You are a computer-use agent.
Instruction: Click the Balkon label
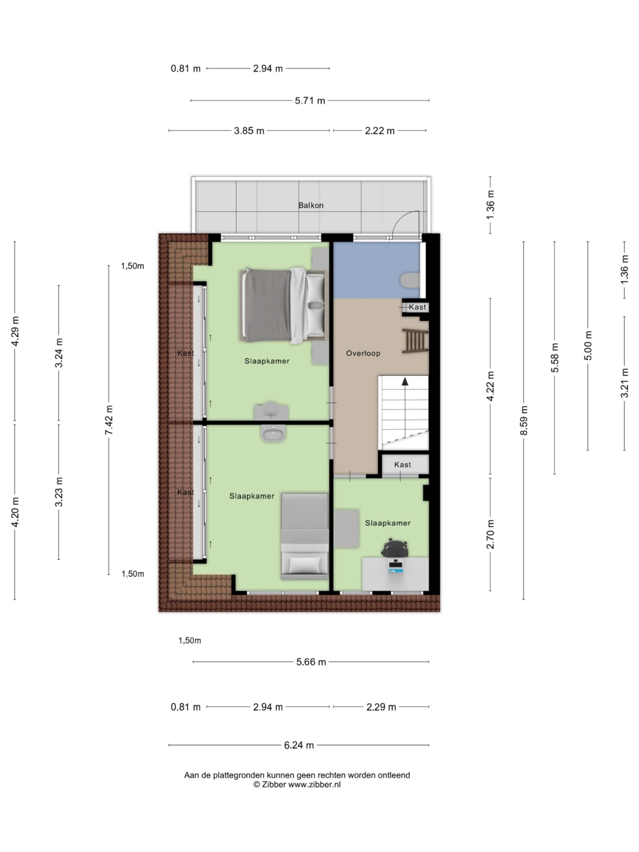pos(311,205)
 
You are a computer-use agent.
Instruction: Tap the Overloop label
pos(363,353)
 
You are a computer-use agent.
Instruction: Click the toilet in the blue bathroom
pos(410,280)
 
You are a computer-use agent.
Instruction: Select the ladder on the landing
pos(415,341)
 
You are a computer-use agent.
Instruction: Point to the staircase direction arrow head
pos(405,381)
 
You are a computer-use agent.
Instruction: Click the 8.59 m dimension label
pos(524,420)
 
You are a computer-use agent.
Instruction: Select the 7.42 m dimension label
pos(109,420)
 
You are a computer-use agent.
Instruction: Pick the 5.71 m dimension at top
pos(310,101)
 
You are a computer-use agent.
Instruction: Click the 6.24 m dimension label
pos(299,745)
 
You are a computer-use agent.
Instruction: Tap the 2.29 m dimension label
pos(381,707)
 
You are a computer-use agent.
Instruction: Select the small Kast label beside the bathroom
pos(417,307)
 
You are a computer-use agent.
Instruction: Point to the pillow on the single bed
pos(304,565)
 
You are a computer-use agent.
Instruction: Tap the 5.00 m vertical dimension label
pos(588,346)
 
